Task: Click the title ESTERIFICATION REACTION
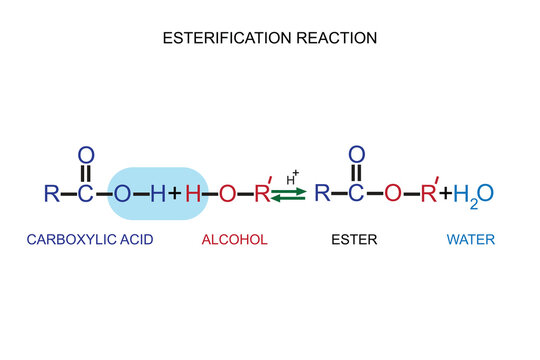pos(270,39)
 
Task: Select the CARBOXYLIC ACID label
pos(90,241)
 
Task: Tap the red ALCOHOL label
pos(234,241)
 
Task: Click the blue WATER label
pos(470,241)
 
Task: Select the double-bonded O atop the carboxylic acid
pos(86,155)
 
